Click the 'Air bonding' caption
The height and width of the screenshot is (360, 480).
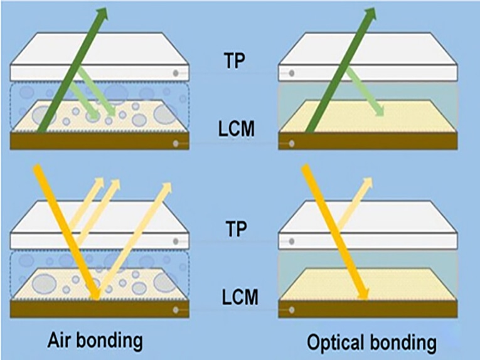pyautogui.click(x=94, y=341)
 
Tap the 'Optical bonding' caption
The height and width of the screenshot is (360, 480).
pyautogui.click(x=371, y=342)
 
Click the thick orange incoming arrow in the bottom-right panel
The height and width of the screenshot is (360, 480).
pyautogui.click(x=336, y=232)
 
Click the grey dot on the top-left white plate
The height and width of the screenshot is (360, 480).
pyautogui.click(x=176, y=73)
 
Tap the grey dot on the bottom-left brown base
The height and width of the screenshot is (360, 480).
pyautogui.click(x=176, y=310)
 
